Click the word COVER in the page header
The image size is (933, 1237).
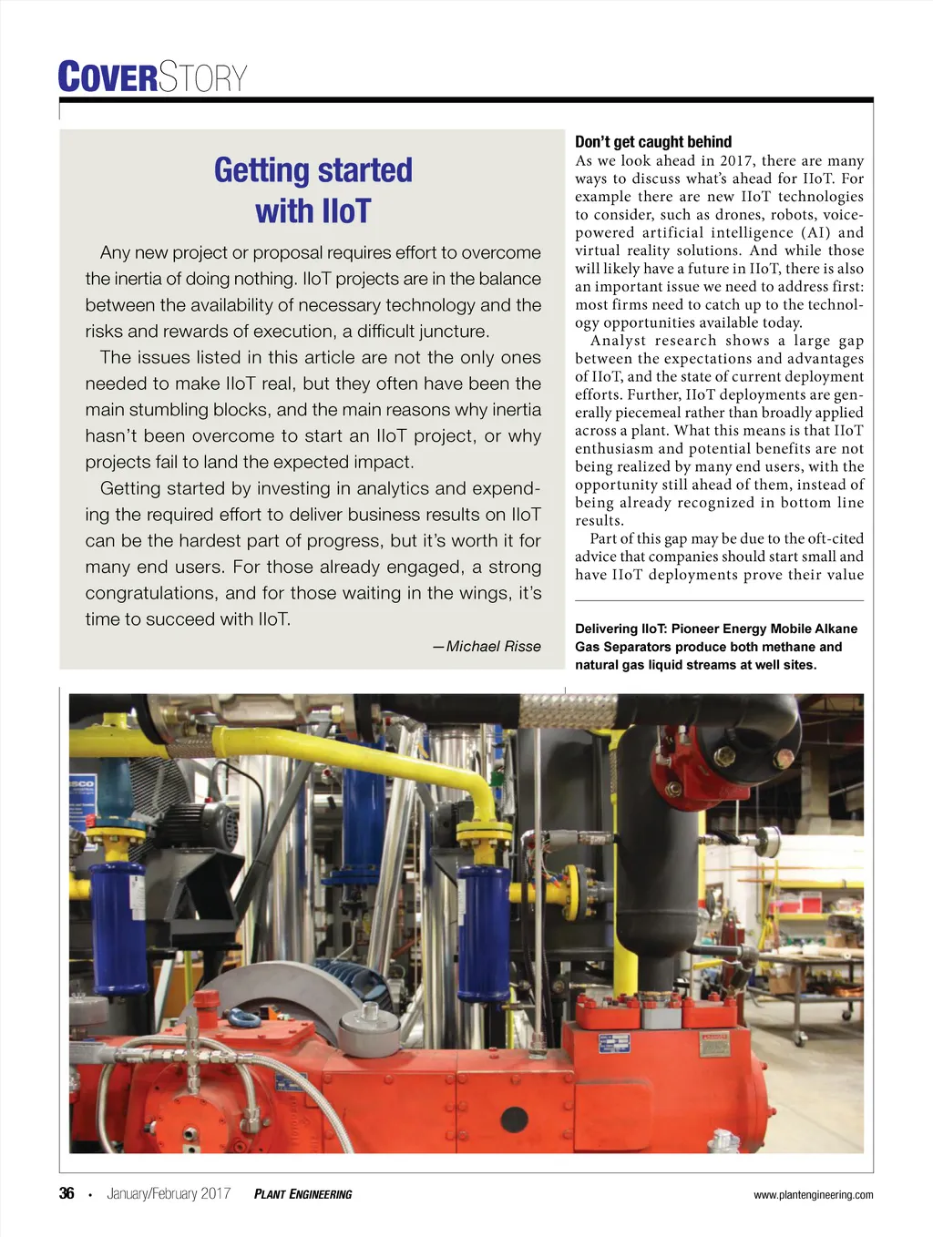(108, 77)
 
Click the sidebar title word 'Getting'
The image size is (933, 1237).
(261, 170)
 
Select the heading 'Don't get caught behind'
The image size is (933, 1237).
(653, 141)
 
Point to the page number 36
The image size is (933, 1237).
(67, 1193)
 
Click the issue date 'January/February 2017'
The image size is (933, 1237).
(169, 1193)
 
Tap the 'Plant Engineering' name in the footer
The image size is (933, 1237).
(302, 1194)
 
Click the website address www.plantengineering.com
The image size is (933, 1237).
(813, 1194)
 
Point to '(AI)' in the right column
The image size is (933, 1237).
(816, 232)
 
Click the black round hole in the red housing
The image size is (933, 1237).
(514, 1119)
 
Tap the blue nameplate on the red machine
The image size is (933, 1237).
(614, 1043)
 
